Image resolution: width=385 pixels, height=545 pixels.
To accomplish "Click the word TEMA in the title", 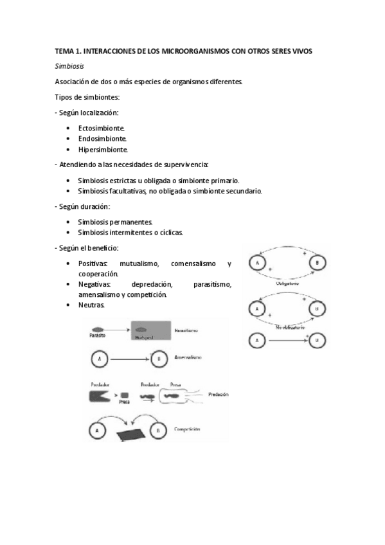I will (64, 51).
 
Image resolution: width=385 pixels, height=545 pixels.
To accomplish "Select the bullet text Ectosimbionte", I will (102, 128).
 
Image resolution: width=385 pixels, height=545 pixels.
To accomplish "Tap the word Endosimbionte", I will (102, 139).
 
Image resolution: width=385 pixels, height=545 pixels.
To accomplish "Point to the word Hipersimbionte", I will (103, 150).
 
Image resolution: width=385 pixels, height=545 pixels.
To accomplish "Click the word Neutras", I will (91, 305).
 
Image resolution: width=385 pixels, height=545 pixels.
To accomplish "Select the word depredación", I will (153, 285).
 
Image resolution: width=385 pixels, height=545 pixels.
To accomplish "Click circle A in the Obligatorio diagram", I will (257, 263).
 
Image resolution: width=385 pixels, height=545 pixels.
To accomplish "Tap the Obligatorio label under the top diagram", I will (287, 281).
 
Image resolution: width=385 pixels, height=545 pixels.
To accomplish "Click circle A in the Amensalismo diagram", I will (99, 359).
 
